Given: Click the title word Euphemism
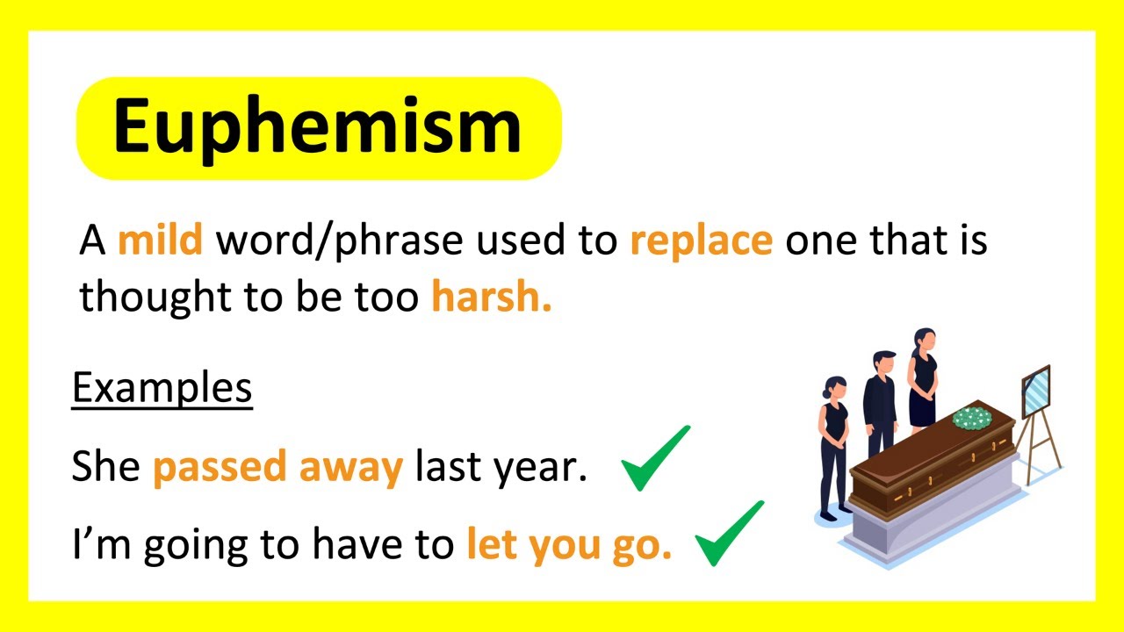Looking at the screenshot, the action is click(317, 128).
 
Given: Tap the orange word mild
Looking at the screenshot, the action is click(160, 241).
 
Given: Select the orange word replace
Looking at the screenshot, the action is click(702, 241).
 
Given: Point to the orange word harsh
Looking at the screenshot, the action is click(491, 296).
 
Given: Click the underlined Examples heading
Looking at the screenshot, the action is click(162, 390).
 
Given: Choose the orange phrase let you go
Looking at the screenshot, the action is click(569, 545).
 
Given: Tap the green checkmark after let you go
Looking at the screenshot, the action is click(728, 534).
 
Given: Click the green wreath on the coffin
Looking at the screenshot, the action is click(972, 418).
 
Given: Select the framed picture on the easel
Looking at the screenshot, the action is click(1036, 392).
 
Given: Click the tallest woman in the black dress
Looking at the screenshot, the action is click(923, 380).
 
